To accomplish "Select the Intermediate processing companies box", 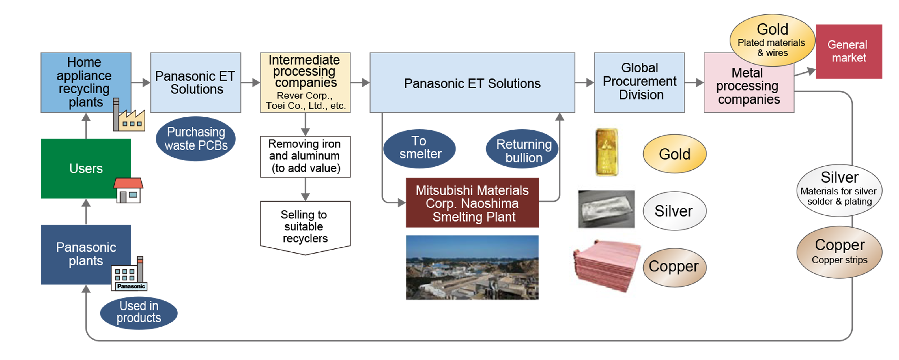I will coord(305,82).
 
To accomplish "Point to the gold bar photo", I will coord(606,152).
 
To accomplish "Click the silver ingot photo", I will coord(606,209).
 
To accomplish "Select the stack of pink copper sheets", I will coord(606,265).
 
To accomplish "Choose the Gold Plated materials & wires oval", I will coord(772,40).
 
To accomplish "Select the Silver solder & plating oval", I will coord(839,190).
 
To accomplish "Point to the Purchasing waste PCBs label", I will coord(196,139).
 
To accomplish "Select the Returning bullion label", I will coord(524,151).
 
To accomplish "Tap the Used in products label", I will coord(139,312).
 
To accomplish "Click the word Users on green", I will coord(86,169).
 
